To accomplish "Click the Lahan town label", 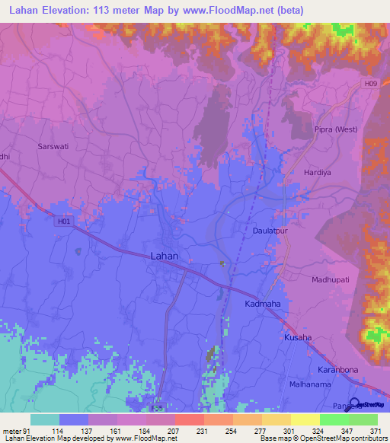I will [x=164, y=257].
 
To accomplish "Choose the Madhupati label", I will [x=330, y=280].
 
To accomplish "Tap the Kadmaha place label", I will [x=264, y=304].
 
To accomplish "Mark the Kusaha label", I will [x=298, y=337].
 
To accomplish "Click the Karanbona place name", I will [x=337, y=370].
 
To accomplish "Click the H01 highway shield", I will [x=63, y=222].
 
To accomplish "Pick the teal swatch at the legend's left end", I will [x=44, y=419].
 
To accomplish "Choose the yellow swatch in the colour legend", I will [x=305, y=419].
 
